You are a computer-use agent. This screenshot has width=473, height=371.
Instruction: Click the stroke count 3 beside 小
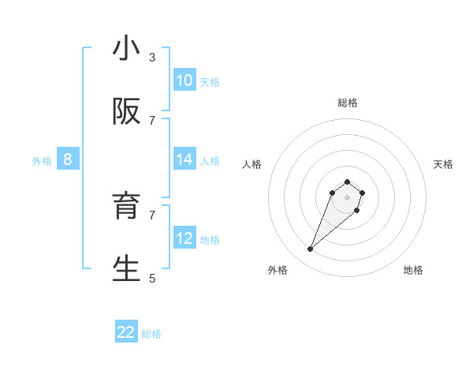pyautogui.click(x=152, y=57)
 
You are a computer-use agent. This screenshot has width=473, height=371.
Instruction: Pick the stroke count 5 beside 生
pyautogui.click(x=152, y=278)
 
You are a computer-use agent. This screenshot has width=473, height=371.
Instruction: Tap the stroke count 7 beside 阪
pyautogui.click(x=152, y=120)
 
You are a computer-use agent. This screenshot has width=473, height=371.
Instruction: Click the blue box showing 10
pyautogui.click(x=184, y=81)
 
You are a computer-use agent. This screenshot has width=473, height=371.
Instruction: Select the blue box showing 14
pyautogui.click(x=184, y=159)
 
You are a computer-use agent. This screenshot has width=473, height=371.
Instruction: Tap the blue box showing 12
pyautogui.click(x=184, y=238)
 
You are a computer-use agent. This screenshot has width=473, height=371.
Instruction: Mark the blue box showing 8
pyautogui.click(x=68, y=159)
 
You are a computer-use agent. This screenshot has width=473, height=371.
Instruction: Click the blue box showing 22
pyautogui.click(x=126, y=332)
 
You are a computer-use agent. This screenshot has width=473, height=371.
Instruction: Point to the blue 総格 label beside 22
pyautogui.click(x=152, y=334)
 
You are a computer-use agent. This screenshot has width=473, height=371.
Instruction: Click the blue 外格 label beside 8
pyautogui.click(x=42, y=161)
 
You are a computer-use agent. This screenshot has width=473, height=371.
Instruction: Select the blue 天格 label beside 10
pyautogui.click(x=210, y=82)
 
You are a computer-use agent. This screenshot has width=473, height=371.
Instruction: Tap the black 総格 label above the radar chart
pyautogui.click(x=348, y=103)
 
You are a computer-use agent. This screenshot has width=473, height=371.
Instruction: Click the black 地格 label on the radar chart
pyautogui.click(x=413, y=270)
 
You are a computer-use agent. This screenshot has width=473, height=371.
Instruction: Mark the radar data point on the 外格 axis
pyautogui.click(x=311, y=249)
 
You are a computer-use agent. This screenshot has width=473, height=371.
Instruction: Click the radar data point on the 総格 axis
pyautogui.click(x=347, y=179)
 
